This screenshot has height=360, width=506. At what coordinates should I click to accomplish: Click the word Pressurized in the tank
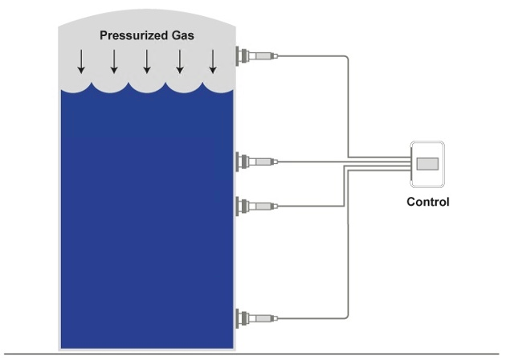tap(130, 35)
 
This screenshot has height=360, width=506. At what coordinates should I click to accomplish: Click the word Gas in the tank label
tap(181, 35)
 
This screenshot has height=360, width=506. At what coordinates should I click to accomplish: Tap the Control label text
tap(427, 202)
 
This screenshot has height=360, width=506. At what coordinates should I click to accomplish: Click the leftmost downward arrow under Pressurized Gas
tap(82, 61)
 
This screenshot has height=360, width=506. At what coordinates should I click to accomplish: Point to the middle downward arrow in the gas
tap(147, 61)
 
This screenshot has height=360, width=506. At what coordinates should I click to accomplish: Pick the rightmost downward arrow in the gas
tap(213, 61)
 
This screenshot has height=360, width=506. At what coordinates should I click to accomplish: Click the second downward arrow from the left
tap(114, 61)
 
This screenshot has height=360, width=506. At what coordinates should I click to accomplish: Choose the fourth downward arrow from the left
tap(180, 61)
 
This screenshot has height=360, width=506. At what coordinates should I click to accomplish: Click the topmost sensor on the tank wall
tap(259, 56)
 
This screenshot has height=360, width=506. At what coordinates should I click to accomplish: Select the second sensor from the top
tap(259, 162)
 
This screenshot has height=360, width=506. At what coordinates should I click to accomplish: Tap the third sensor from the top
tap(259, 206)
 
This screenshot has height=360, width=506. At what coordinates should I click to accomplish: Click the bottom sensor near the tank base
tap(259, 317)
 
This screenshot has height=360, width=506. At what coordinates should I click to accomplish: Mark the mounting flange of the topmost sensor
tap(241, 56)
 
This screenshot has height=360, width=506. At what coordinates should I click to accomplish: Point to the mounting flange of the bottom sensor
tap(241, 317)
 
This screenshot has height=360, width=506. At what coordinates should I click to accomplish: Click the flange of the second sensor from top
tap(241, 162)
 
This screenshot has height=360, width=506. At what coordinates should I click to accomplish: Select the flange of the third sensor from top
tap(241, 206)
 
